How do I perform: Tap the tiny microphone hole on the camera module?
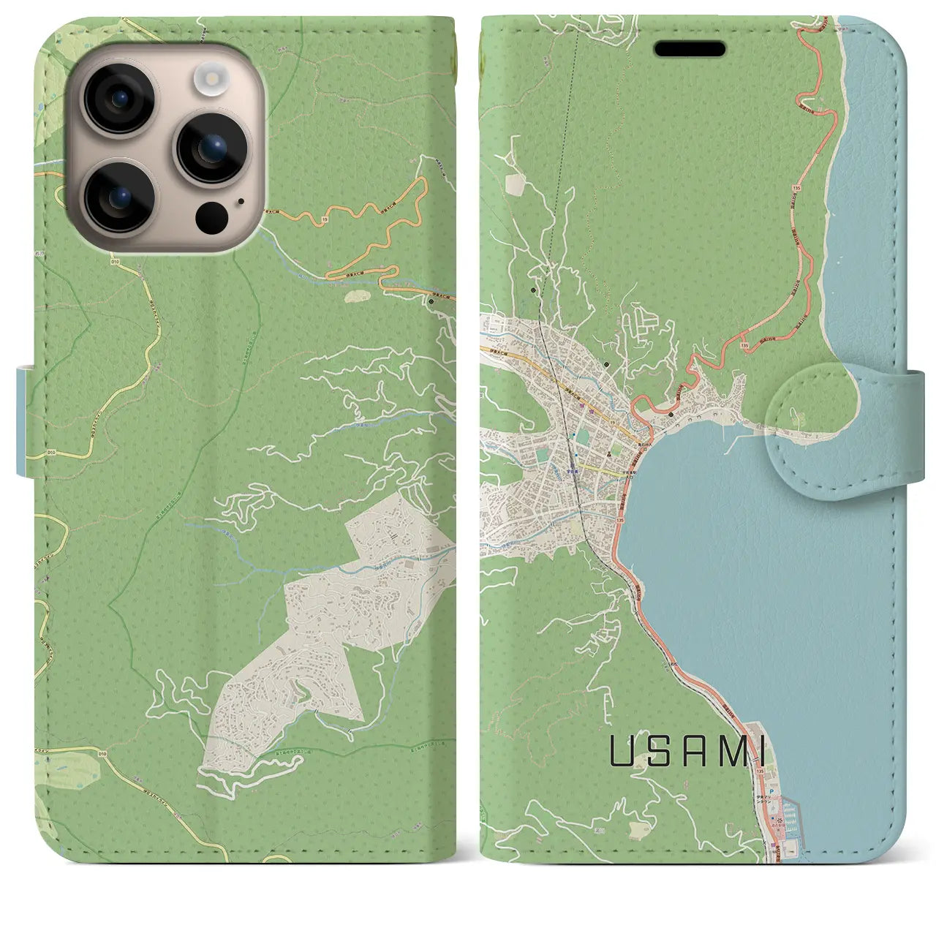coord(241,200)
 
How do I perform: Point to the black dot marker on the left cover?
coord(431,301)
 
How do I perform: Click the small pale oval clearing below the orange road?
coord(358,295)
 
